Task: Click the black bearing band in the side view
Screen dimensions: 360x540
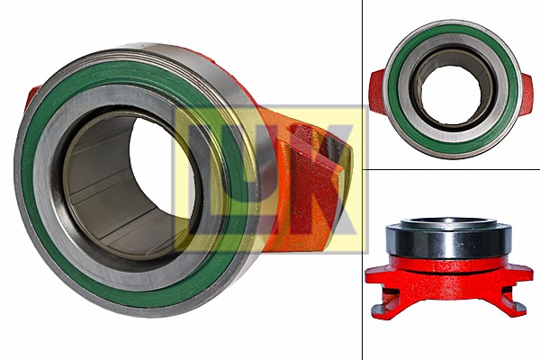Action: tap(448, 242)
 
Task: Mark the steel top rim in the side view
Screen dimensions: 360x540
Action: tap(448, 222)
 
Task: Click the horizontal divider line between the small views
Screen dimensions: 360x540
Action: tap(450, 168)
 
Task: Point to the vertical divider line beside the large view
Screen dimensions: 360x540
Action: tap(362, 270)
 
